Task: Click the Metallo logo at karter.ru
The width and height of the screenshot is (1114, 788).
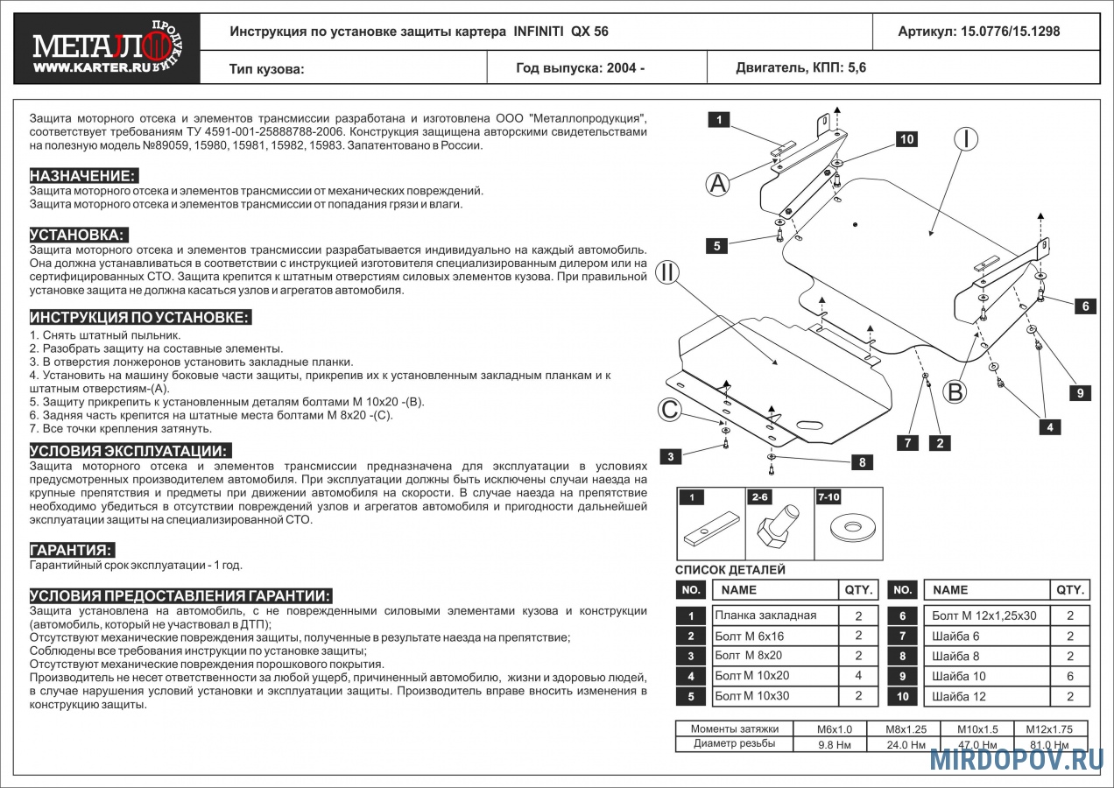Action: point(107,49)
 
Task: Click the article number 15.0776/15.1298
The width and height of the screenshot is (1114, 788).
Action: point(978,32)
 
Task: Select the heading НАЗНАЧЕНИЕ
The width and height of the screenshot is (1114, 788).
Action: point(83,175)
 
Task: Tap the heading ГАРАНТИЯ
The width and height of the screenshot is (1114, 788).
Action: point(72,550)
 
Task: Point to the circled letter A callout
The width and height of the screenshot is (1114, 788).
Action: point(718,184)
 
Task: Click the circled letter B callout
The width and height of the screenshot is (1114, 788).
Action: point(955,391)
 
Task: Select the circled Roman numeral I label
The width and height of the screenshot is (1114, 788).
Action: point(966,138)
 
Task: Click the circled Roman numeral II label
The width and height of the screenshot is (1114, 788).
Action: point(668,272)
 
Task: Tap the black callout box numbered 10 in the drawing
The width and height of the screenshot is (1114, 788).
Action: point(906,139)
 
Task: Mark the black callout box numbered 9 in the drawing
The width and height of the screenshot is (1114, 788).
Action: point(1080,393)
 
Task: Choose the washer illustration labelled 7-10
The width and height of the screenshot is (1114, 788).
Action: point(848,528)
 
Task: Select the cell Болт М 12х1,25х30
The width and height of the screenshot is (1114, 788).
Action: point(986,616)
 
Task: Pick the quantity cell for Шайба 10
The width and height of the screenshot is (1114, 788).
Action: point(1069,676)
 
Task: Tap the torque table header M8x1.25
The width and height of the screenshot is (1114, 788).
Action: point(906,728)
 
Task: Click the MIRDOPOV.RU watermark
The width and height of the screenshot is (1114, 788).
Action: point(1016,759)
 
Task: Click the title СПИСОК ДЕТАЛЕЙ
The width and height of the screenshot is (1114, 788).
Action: point(730,570)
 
